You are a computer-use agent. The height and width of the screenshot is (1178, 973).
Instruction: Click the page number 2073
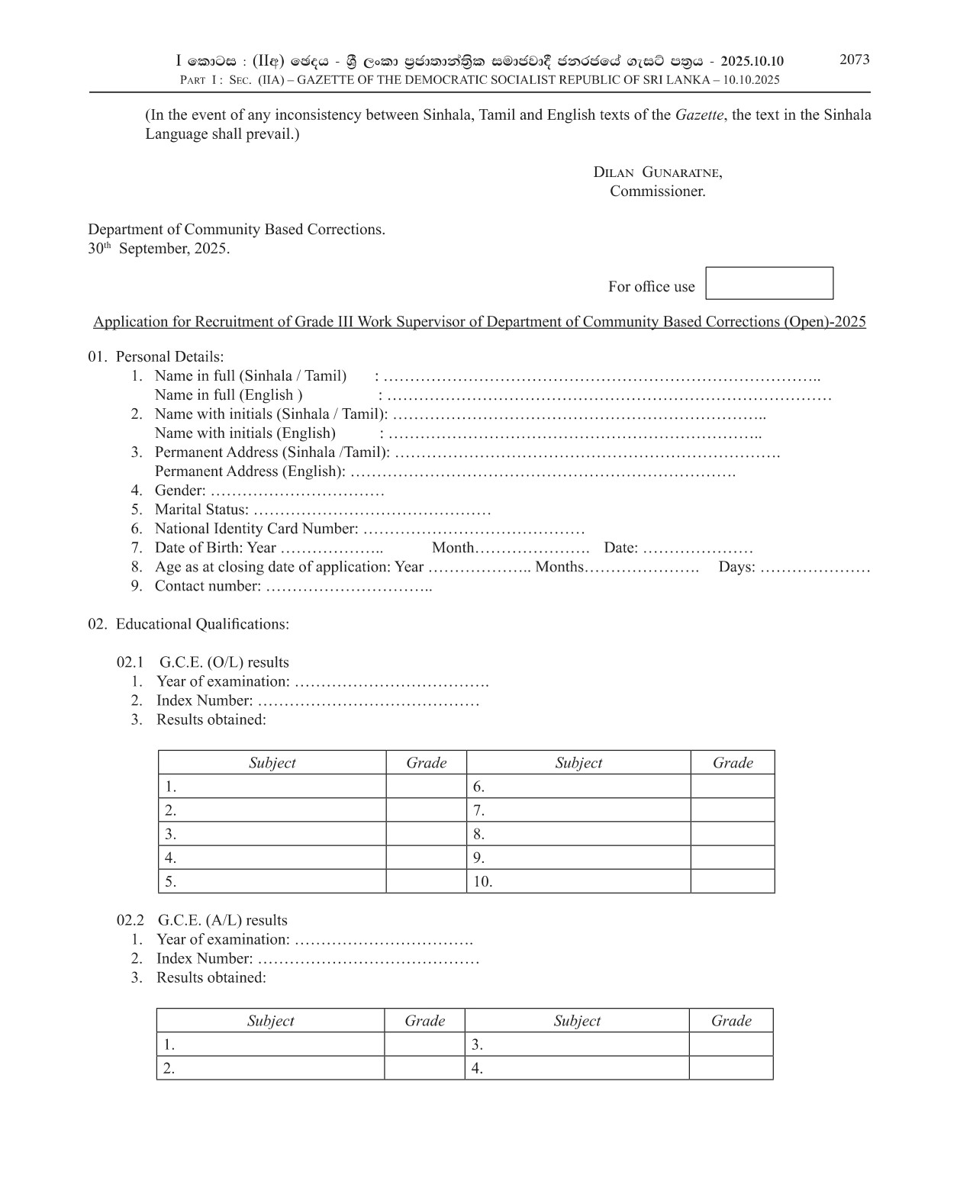pyautogui.click(x=854, y=60)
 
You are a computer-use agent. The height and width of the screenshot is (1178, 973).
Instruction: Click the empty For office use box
pyautogui.click(x=768, y=283)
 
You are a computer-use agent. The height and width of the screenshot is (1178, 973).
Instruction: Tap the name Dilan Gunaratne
pyautogui.click(x=657, y=172)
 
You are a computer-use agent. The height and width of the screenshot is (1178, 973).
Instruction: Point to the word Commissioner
pyautogui.click(x=657, y=192)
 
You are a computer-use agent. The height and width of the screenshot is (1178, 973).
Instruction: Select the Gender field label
pyautogui.click(x=179, y=491)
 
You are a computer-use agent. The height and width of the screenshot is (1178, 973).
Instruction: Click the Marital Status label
pyautogui.click(x=201, y=510)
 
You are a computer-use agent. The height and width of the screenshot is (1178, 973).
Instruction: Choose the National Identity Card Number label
pyautogui.click(x=256, y=529)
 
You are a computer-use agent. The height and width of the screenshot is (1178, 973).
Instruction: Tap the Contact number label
pyautogui.click(x=208, y=586)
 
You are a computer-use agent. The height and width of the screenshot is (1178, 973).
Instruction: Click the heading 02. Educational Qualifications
pyautogui.click(x=188, y=624)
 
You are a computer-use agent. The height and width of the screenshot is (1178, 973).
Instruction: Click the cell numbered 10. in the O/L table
pyautogui.click(x=577, y=881)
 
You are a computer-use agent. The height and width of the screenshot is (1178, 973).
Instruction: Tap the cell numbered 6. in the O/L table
pyautogui.click(x=577, y=787)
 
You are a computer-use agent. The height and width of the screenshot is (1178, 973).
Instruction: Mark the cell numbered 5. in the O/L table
pyautogui.click(x=272, y=881)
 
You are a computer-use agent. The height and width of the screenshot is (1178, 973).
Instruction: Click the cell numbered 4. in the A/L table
pyautogui.click(x=576, y=1068)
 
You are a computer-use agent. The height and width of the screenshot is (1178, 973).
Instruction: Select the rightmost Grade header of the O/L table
pyautogui.click(x=732, y=763)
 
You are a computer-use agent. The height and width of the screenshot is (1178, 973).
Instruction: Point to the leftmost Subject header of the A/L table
pyautogui.click(x=270, y=1021)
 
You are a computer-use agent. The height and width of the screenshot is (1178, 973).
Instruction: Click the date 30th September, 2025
pyautogui.click(x=159, y=249)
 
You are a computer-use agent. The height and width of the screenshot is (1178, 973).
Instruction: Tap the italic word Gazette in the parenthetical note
pyautogui.click(x=699, y=115)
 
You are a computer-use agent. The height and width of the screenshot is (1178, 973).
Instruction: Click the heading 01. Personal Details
pyautogui.click(x=156, y=357)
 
